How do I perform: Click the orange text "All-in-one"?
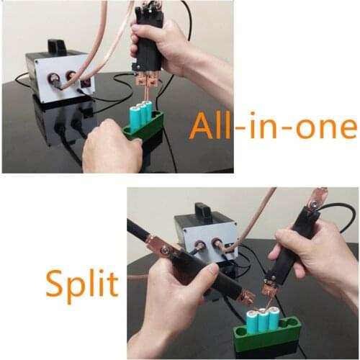click(x=274, y=127)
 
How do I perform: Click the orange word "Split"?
click(x=81, y=282)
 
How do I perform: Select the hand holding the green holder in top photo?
click(x=108, y=148)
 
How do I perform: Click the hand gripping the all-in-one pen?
click(x=173, y=43)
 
